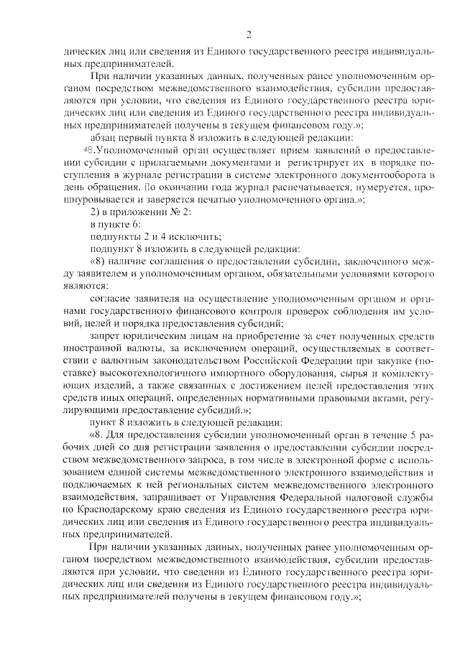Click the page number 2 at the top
pos(248,34)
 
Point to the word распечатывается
pos(270,196)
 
